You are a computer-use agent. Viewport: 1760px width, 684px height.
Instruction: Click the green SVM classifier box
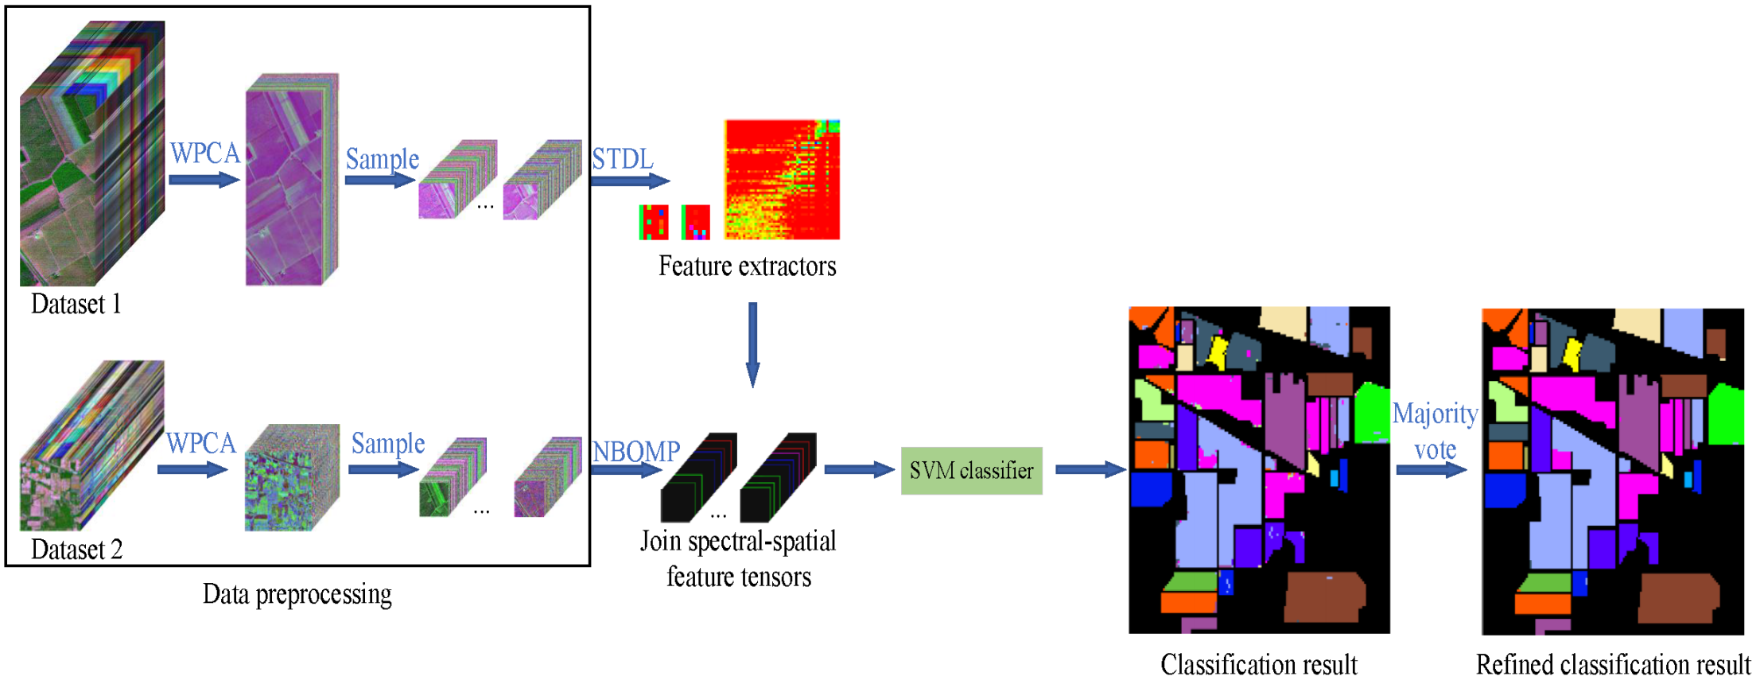point(971,471)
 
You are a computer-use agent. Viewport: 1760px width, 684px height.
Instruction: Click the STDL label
point(622,159)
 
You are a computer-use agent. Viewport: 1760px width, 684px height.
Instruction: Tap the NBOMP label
point(636,452)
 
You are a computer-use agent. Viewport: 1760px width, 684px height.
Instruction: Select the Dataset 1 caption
point(76,304)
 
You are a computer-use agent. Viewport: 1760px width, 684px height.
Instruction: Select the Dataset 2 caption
point(76,550)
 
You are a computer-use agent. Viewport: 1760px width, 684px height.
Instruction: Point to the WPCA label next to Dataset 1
point(205,153)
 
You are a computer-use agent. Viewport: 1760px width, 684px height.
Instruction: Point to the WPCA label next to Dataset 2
point(201,443)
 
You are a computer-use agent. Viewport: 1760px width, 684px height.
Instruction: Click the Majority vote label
point(1435,431)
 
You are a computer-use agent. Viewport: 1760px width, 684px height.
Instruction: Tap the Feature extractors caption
point(747,266)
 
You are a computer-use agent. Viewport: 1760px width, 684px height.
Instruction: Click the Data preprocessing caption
point(297,594)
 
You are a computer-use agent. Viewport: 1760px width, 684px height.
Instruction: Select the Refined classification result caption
point(1613,664)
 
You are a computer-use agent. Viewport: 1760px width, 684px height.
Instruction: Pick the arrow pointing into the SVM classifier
point(859,470)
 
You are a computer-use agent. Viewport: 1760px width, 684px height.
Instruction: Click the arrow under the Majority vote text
point(1431,470)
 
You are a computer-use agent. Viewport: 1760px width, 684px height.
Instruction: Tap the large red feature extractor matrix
point(782,180)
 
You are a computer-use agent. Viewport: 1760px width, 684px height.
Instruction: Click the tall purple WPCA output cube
point(291,180)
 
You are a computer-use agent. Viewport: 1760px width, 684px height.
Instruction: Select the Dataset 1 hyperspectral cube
point(91,154)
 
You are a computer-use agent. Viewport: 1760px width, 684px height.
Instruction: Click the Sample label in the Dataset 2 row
point(388,443)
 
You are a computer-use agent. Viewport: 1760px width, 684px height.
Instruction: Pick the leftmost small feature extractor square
point(654,222)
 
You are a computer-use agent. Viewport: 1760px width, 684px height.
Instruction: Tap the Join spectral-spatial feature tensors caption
point(738,558)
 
